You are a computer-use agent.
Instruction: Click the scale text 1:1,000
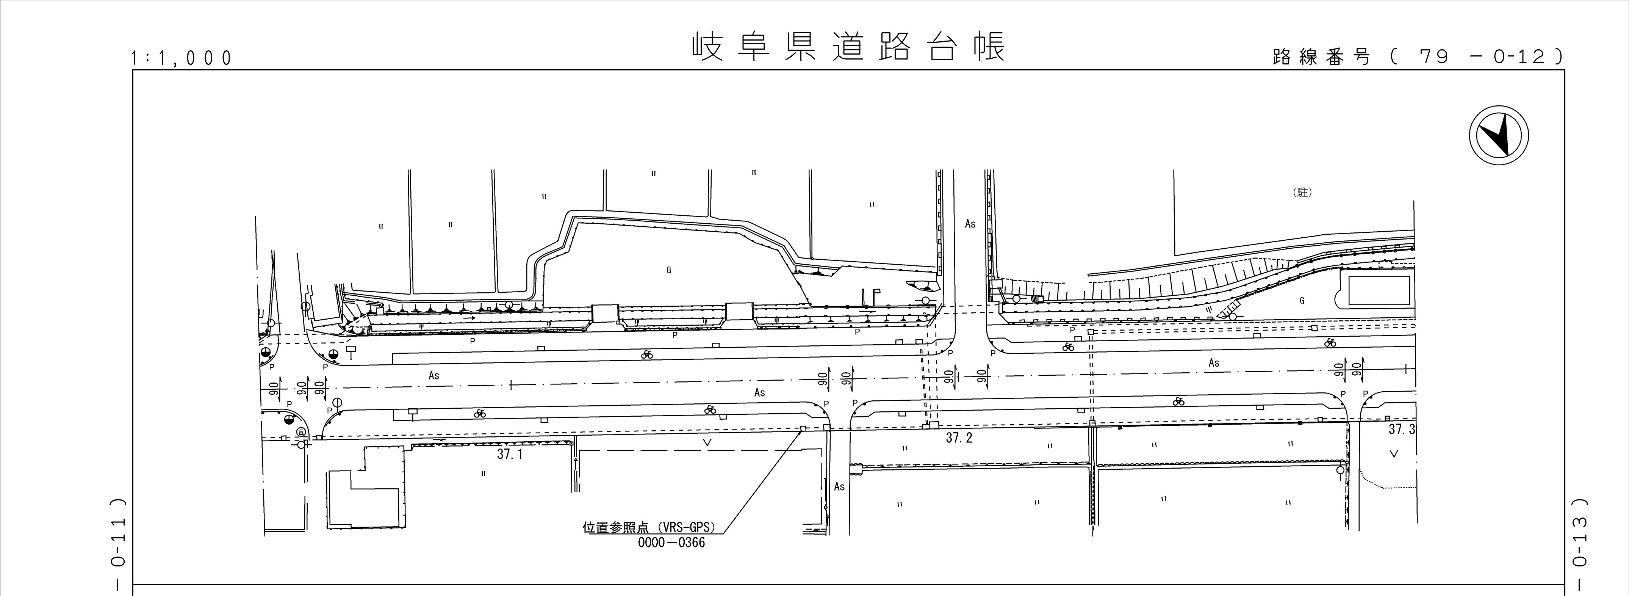tap(182, 58)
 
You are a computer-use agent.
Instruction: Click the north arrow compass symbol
tap(1498, 136)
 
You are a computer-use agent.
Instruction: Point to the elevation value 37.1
tap(510, 454)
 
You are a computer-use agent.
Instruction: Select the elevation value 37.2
tap(959, 438)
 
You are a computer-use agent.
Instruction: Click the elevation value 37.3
tap(1401, 430)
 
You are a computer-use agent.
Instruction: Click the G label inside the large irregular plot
tap(668, 270)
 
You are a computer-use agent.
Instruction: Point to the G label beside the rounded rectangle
tap(1302, 301)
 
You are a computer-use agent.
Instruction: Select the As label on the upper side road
tap(970, 223)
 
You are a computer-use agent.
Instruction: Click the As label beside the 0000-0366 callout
tap(839, 486)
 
